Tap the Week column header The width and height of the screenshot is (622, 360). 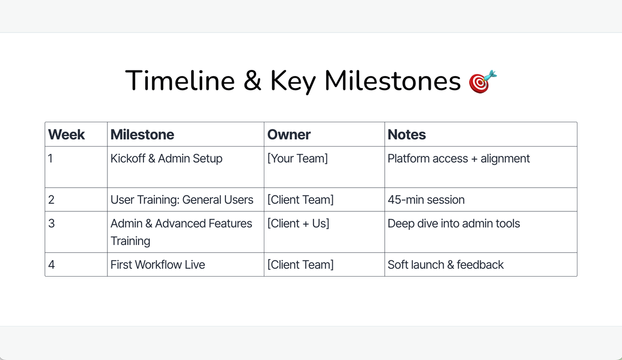66,135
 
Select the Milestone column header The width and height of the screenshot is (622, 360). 142,135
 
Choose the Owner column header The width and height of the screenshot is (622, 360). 289,135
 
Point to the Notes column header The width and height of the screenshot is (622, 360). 407,135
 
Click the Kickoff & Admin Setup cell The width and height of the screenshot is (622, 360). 166,159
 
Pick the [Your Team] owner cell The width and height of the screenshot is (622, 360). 298,159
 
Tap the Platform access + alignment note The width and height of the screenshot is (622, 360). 459,159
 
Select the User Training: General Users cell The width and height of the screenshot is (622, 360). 182,200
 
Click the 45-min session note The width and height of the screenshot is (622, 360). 426,200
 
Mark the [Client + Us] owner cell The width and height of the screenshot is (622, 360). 298,224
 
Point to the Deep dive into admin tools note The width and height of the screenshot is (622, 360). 454,224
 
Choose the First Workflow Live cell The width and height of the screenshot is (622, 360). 158,265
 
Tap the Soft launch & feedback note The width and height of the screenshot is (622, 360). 446,265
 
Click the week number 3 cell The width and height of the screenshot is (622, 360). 51,224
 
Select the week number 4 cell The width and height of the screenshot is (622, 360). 51,265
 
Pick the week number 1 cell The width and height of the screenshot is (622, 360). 50,159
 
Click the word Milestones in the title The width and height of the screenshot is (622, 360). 392,81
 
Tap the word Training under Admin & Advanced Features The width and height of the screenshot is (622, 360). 130,241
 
